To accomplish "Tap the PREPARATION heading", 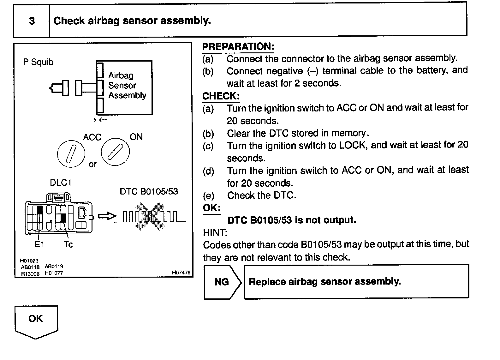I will pos(238,46).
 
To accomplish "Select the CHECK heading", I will pos(221,96).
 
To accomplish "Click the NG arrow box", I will pos(222,282).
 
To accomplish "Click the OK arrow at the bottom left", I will pos(36,321).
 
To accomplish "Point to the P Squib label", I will pos(38,62).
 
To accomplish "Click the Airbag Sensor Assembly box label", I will pos(127,85).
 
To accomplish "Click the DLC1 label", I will pos(61,183).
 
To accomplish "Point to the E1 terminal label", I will pos(39,244).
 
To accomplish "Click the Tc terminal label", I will pos(68,244).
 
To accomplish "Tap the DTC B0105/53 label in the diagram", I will pos(149,191).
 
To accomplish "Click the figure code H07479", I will pos(181,273).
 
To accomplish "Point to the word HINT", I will pos(215,232).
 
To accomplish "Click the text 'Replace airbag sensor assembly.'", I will pos(325,281).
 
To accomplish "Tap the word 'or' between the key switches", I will pos(92,165).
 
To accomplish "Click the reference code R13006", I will pos(30,274).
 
